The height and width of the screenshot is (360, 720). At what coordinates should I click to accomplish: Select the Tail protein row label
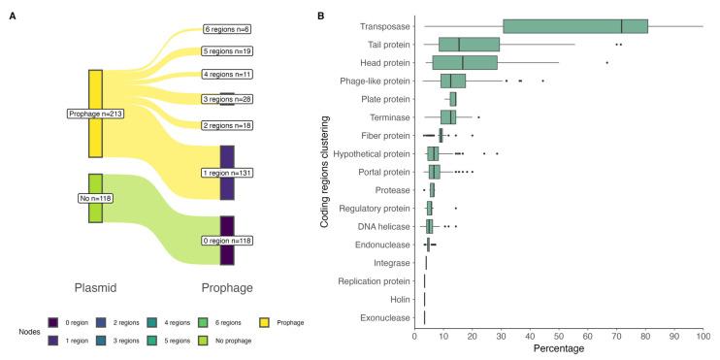coord(384,45)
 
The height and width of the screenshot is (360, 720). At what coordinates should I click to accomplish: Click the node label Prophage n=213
coord(95,114)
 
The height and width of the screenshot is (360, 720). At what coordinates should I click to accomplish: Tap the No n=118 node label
coord(95,198)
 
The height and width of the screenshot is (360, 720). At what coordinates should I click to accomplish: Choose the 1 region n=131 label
coord(227,173)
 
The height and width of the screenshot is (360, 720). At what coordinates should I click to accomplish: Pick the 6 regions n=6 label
coord(227,29)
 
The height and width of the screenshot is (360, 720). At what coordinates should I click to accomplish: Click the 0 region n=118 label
coord(227,241)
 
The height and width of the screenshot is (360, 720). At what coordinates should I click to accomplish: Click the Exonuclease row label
coord(382,317)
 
